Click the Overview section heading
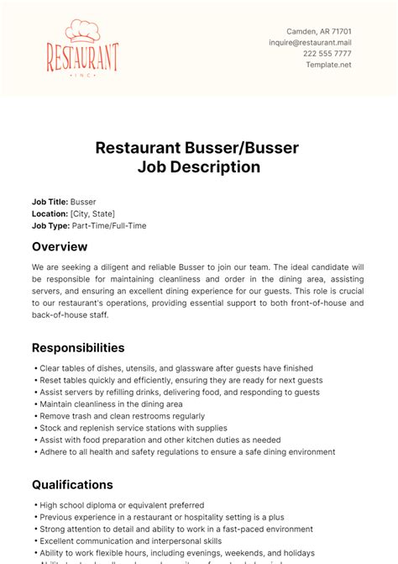click(60, 246)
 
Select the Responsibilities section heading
click(78, 347)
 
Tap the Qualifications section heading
click(72, 484)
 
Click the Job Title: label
click(50, 202)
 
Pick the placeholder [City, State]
click(93, 213)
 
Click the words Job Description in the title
click(198, 167)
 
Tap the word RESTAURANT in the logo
click(82, 58)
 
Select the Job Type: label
click(50, 225)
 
